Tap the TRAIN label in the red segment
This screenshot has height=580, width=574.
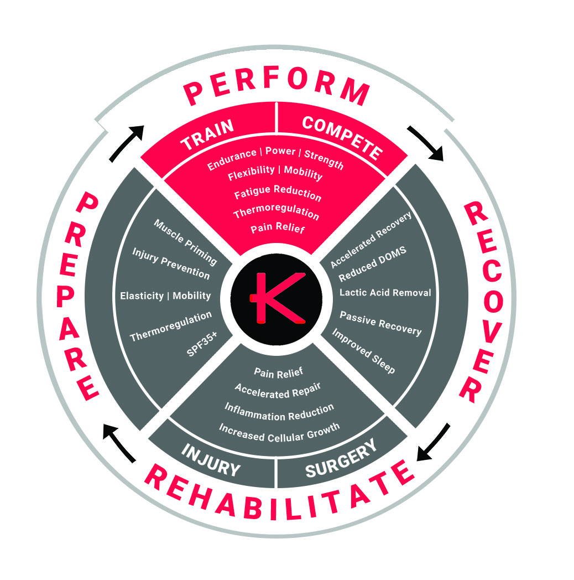(x=207, y=134)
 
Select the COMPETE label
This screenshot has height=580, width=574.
(x=342, y=137)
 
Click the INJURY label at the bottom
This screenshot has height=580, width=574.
(x=211, y=460)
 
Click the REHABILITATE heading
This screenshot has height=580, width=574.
(x=279, y=493)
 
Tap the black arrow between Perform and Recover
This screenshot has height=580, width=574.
(x=426, y=143)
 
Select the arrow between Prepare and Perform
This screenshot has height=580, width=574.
(x=127, y=143)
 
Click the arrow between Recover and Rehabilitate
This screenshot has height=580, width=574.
(x=433, y=442)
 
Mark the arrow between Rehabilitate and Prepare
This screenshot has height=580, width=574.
(x=119, y=443)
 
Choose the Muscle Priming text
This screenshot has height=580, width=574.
(x=185, y=242)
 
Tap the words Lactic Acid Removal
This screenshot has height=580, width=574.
(x=385, y=293)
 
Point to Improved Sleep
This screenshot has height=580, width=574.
(x=363, y=350)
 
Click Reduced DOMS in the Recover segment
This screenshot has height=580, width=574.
(x=372, y=263)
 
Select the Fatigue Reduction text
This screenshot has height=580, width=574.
(x=278, y=193)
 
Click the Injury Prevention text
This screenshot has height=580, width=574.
(x=171, y=263)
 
